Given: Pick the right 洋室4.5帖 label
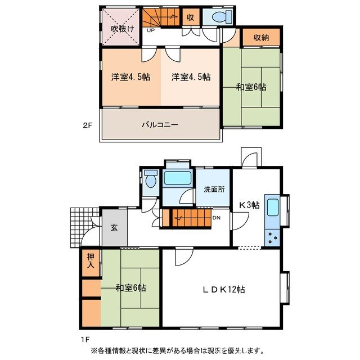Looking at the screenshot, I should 191,77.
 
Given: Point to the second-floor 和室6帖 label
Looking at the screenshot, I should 251,87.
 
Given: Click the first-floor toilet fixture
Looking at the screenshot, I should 150,180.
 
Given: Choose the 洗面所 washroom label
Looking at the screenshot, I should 213,189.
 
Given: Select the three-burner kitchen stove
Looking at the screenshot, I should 272,237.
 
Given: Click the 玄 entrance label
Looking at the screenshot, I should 114,227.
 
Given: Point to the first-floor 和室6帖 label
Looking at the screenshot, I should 131,288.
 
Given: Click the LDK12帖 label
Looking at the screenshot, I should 223,290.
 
